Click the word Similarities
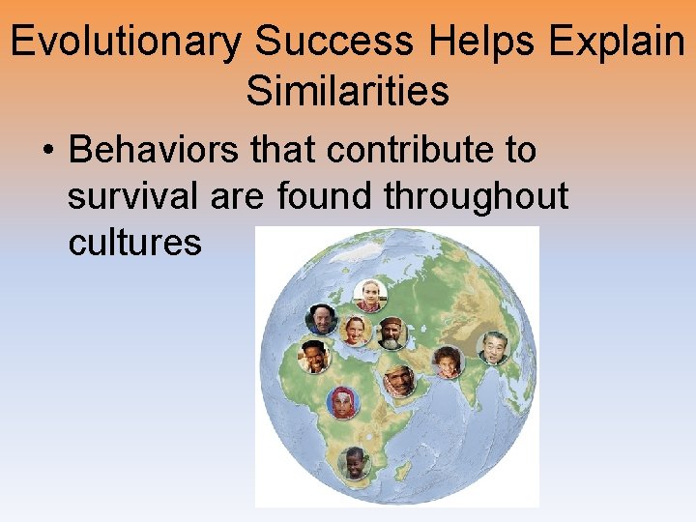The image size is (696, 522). point(347,91)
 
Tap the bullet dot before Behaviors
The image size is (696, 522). point(47,151)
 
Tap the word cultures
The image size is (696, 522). point(134,242)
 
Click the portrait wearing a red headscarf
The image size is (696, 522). point(343,400)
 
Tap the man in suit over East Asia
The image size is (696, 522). point(494,348)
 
